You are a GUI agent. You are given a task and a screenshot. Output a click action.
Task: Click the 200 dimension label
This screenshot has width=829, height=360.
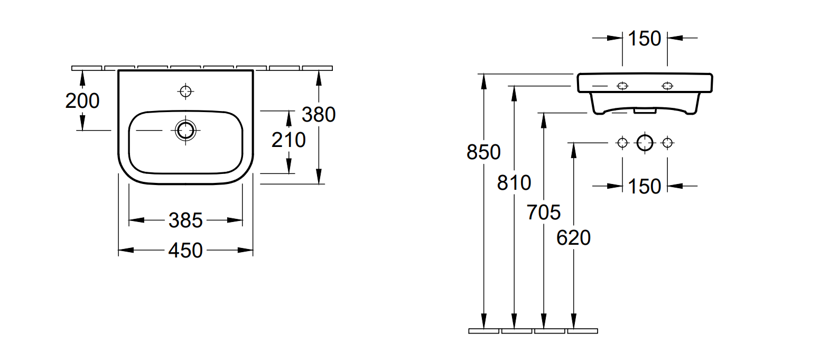pyautogui.click(x=82, y=100)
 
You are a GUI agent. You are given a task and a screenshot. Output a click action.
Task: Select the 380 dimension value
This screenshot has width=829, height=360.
pyautogui.click(x=319, y=114)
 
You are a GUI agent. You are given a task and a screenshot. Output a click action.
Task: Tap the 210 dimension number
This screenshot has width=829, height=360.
pyautogui.click(x=288, y=140)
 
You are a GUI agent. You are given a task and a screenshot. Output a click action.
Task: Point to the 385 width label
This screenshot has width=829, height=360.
pyautogui.click(x=185, y=220)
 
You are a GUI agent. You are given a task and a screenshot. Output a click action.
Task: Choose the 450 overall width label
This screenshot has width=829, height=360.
pyautogui.click(x=185, y=251)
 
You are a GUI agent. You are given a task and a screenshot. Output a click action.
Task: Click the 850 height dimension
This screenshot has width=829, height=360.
pyautogui.click(x=483, y=152)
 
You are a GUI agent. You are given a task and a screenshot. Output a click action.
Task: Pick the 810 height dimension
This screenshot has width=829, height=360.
pyautogui.click(x=514, y=183)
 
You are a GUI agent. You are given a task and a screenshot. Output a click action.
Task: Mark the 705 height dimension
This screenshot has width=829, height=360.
pyautogui.click(x=544, y=213)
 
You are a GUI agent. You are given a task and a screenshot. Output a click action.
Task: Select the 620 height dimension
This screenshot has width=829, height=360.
pyautogui.click(x=573, y=238)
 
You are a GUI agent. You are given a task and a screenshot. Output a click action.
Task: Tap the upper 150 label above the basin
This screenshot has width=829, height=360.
pyautogui.click(x=645, y=39)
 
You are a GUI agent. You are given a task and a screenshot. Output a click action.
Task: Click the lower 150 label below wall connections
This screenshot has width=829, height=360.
pyautogui.click(x=645, y=186)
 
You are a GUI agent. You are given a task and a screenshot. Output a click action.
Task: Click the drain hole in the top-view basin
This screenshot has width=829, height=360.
pyautogui.click(x=185, y=130)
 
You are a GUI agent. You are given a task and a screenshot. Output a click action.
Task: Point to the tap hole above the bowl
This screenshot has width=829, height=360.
pyautogui.click(x=185, y=91)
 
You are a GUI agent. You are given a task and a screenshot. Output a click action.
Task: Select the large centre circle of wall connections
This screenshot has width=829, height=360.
pyautogui.click(x=645, y=142)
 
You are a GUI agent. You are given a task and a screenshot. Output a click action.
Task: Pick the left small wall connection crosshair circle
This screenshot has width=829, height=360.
pyautogui.click(x=622, y=142)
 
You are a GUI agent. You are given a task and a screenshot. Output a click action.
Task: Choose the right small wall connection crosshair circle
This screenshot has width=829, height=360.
pyautogui.click(x=668, y=142)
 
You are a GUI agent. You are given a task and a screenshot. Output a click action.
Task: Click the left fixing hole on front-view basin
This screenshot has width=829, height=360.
pyautogui.click(x=622, y=86)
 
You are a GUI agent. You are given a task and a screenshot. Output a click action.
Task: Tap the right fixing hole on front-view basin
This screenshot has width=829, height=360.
pyautogui.click(x=668, y=86)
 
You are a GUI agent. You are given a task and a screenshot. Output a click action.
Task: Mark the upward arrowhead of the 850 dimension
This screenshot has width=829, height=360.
pyautogui.click(x=483, y=79)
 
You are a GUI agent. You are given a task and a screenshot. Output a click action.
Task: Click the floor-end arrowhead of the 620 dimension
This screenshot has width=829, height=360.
pyautogui.click(x=573, y=322)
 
